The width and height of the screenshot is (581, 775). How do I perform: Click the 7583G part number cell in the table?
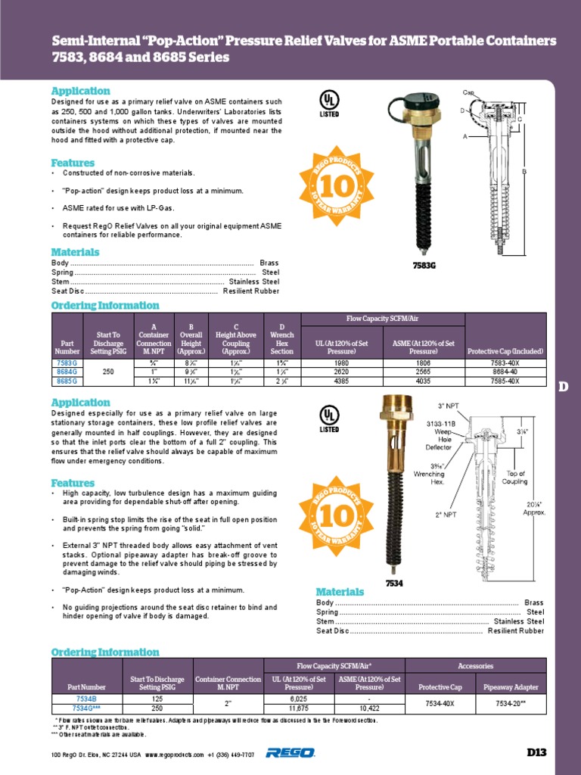click(67, 363)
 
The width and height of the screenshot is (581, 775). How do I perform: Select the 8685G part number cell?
click(67, 381)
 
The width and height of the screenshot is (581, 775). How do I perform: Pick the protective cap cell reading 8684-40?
click(505, 372)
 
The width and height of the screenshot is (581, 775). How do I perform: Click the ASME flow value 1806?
click(423, 363)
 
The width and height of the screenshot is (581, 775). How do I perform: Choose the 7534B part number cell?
click(86, 699)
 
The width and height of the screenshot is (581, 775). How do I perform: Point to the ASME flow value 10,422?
click(369, 708)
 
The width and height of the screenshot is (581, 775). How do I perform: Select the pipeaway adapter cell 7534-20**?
click(511, 703)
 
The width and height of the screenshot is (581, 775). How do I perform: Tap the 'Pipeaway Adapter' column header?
click(511, 687)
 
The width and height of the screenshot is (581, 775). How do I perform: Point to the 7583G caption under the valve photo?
click(424, 266)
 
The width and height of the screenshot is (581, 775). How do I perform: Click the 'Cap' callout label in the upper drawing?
click(468, 92)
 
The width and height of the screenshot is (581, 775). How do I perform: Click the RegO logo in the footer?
click(290, 752)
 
